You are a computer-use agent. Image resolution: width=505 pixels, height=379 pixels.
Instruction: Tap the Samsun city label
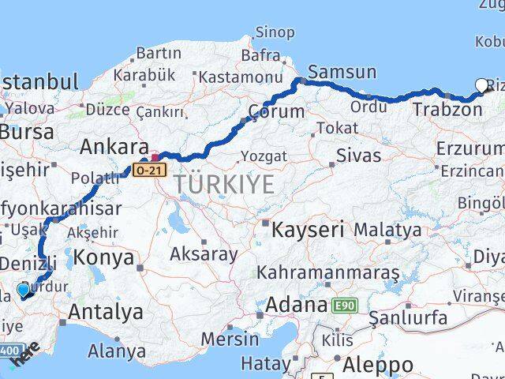point(342,73)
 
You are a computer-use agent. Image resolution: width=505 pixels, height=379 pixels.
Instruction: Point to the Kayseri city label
point(308,231)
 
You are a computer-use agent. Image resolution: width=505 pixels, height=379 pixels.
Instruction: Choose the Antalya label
point(106,312)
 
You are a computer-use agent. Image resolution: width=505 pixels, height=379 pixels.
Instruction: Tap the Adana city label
point(296,305)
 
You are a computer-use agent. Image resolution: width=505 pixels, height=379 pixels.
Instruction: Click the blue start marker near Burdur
point(23,291)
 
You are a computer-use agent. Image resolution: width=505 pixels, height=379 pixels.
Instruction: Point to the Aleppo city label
point(378,365)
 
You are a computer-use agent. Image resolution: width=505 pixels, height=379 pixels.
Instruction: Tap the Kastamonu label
point(240,77)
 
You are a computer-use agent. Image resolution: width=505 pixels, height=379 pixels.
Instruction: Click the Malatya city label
point(387,231)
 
